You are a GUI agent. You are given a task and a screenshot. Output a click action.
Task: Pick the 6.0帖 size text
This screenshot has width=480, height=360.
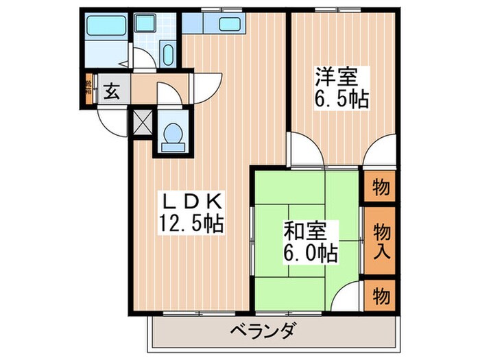[x=309, y=253]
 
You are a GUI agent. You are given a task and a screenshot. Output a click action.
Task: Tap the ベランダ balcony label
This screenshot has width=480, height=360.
[x=261, y=332]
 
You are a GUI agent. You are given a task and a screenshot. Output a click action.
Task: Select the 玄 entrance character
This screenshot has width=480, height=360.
[x=110, y=90]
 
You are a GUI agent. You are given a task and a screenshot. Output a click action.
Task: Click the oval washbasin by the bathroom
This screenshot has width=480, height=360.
[x=168, y=53]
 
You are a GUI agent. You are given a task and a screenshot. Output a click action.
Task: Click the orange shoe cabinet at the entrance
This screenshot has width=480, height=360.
[x=88, y=89]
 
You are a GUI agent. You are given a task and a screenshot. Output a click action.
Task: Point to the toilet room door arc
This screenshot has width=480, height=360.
[x=170, y=95]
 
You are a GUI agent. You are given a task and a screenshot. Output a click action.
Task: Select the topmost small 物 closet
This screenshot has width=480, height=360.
[x=382, y=187]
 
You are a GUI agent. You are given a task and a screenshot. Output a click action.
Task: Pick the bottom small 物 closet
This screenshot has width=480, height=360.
[x=382, y=296]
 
